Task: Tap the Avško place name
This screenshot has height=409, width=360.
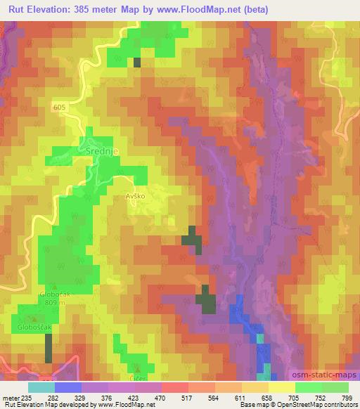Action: click(x=134, y=196)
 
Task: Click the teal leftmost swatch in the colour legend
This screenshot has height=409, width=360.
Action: click(x=41, y=387)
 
